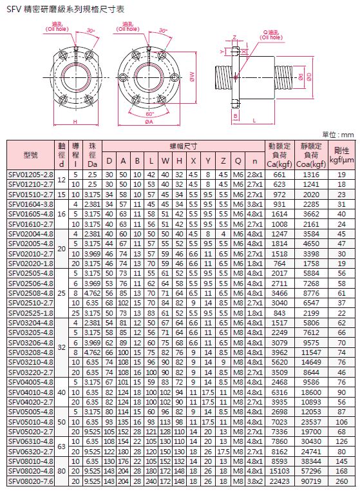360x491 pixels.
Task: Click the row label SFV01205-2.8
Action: coord(31,175)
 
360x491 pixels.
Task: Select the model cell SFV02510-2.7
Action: coord(31,303)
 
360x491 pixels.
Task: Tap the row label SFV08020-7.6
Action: coord(31,481)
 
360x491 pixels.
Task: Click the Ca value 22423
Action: coord(279,481)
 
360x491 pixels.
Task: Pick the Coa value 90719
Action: coord(311,481)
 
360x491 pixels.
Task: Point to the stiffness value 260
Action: coord(341,481)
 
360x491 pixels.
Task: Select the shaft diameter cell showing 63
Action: coord(62,447)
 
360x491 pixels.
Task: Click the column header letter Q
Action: coord(238,161)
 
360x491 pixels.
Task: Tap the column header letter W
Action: coord(165,161)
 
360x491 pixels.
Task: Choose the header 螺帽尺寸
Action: coord(183,146)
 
